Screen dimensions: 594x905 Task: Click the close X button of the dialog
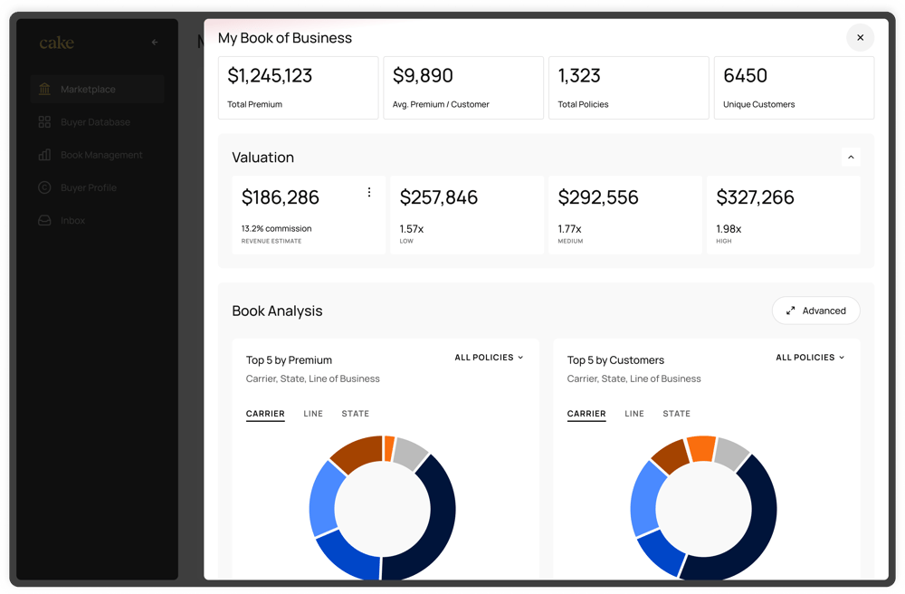(x=860, y=38)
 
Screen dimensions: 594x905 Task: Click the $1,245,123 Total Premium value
(x=270, y=76)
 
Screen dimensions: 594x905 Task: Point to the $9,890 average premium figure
(x=423, y=76)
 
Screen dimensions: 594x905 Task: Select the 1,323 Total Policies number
(x=579, y=76)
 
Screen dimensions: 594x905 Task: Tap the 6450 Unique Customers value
(x=745, y=76)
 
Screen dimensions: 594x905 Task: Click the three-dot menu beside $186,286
(x=369, y=193)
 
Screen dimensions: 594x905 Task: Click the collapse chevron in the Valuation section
(x=851, y=158)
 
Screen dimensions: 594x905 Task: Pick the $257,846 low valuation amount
(x=439, y=197)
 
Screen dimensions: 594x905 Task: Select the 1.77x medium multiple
(x=570, y=229)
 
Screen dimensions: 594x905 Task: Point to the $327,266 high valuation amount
(x=755, y=197)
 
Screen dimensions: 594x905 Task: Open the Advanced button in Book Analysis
(x=815, y=311)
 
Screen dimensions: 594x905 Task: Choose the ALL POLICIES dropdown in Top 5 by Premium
(x=489, y=358)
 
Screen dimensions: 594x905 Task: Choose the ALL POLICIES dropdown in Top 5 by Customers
(x=810, y=358)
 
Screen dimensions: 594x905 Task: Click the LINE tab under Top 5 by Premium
(x=313, y=414)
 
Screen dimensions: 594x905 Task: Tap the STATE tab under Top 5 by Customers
(x=676, y=414)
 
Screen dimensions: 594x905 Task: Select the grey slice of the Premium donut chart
(x=410, y=453)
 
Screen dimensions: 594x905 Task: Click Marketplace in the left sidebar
(x=88, y=90)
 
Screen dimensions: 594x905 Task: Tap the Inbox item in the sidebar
(x=72, y=221)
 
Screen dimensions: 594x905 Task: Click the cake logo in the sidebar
(x=56, y=43)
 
